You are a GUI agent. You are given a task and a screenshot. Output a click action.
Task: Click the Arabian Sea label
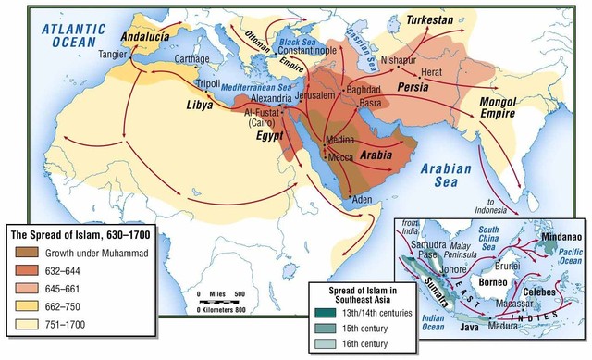click(446, 176)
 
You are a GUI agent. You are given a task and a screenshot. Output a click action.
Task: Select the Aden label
click(363, 198)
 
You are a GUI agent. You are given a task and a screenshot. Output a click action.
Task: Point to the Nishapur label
click(401, 55)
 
